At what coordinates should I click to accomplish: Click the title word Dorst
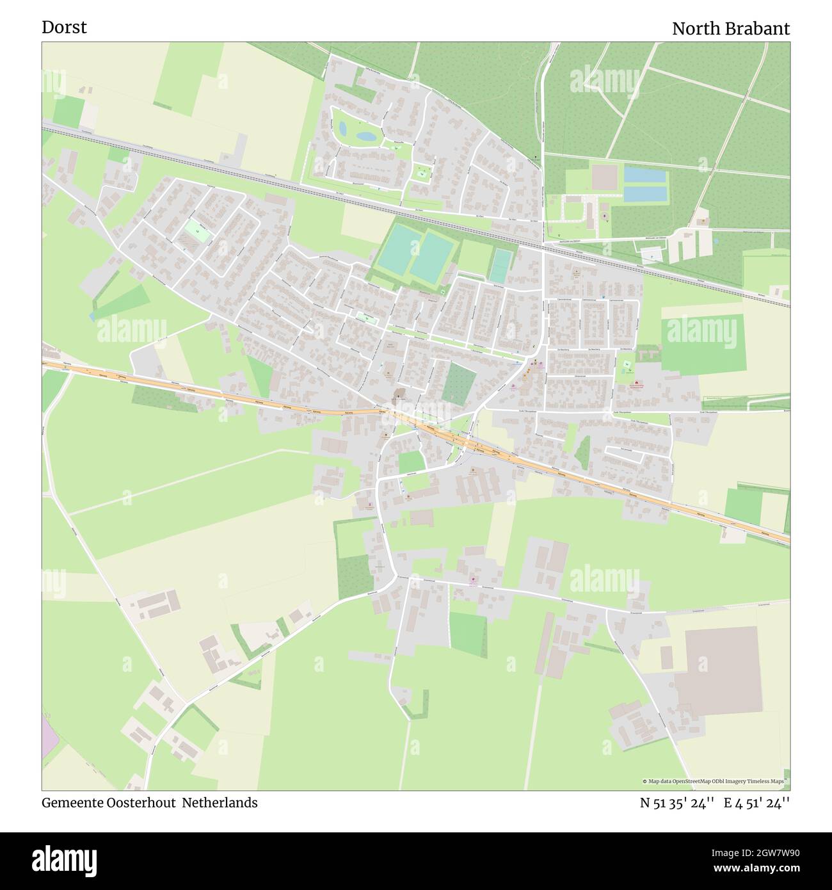click(x=64, y=28)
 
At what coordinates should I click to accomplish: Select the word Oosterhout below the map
click(x=145, y=803)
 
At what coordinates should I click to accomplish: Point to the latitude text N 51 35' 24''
click(x=677, y=803)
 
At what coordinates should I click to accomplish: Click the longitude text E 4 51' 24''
click(x=756, y=803)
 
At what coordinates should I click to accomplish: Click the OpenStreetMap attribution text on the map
click(x=713, y=781)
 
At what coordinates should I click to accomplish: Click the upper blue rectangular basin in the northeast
click(x=645, y=174)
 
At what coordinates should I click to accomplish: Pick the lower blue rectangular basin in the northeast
click(x=645, y=193)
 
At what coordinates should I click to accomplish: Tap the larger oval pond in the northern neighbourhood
click(x=366, y=136)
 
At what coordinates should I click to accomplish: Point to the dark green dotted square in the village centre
click(x=459, y=384)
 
